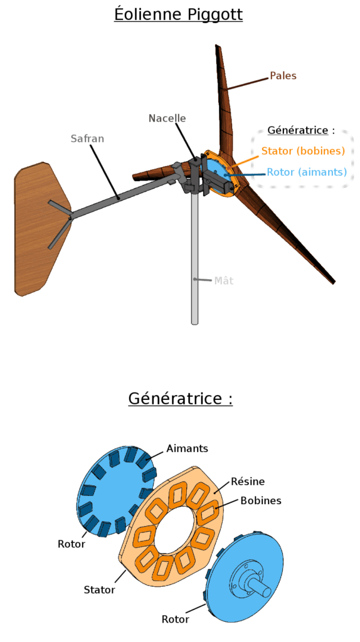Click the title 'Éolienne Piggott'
(x=178, y=15)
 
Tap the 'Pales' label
(x=283, y=76)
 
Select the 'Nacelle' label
(x=167, y=118)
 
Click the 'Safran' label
(x=87, y=139)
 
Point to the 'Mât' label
(x=224, y=280)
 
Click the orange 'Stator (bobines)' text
(x=303, y=151)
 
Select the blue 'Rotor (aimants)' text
(x=307, y=172)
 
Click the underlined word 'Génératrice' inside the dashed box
(x=298, y=130)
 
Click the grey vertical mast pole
(x=194, y=258)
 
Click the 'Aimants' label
(x=187, y=448)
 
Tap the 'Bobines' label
(x=261, y=500)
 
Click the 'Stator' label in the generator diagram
(x=100, y=590)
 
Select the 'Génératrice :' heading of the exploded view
(x=180, y=398)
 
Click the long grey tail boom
(x=123, y=196)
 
